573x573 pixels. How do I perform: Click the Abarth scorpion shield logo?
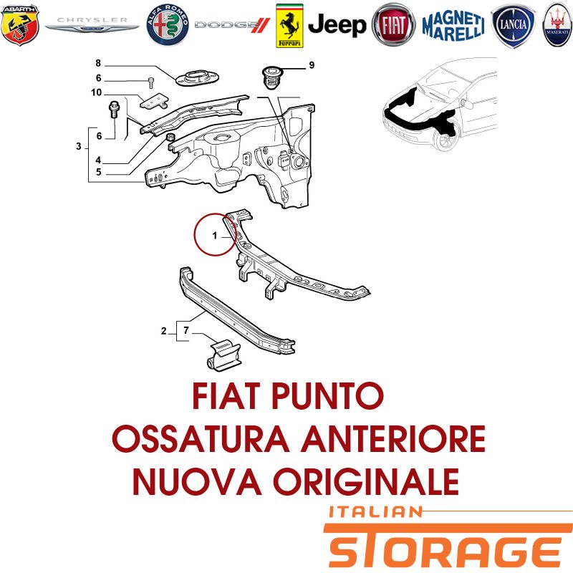20,25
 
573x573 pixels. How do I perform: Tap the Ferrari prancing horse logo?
289,26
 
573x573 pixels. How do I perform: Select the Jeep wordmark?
337,25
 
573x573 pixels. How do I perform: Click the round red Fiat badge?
393,25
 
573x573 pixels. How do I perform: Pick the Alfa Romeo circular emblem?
168,25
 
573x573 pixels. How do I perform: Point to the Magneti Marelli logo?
453,26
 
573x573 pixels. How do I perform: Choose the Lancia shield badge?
513,26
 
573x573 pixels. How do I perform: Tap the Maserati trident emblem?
558,25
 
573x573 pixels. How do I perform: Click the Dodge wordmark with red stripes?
232,25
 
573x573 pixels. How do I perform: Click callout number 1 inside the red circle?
215,236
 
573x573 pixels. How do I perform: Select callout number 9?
312,65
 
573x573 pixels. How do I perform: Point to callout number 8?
98,63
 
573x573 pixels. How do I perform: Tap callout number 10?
97,92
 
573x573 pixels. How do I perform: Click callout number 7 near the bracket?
186,330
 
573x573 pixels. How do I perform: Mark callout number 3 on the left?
79,147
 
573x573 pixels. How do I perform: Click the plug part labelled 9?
271,78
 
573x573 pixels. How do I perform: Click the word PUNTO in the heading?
327,396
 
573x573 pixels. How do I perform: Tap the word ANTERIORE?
393,438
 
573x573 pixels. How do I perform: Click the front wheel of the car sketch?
446,138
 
